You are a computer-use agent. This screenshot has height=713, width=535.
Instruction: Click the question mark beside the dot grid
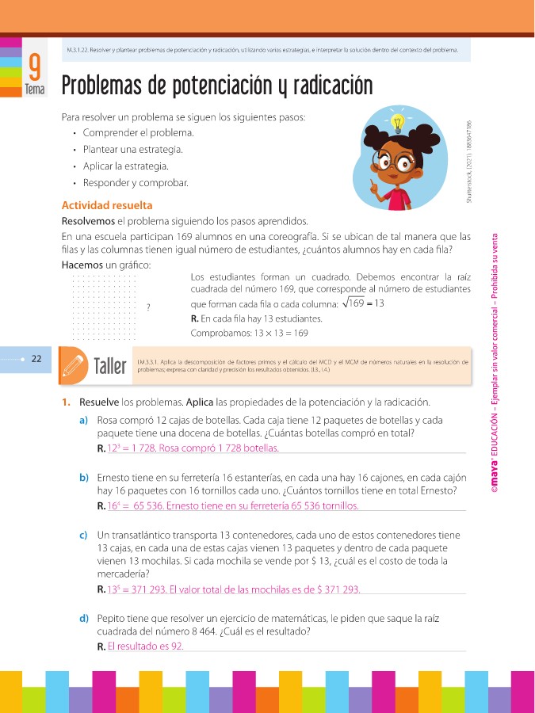click(x=149, y=307)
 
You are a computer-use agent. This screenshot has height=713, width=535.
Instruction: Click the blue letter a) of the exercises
click(x=83, y=420)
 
